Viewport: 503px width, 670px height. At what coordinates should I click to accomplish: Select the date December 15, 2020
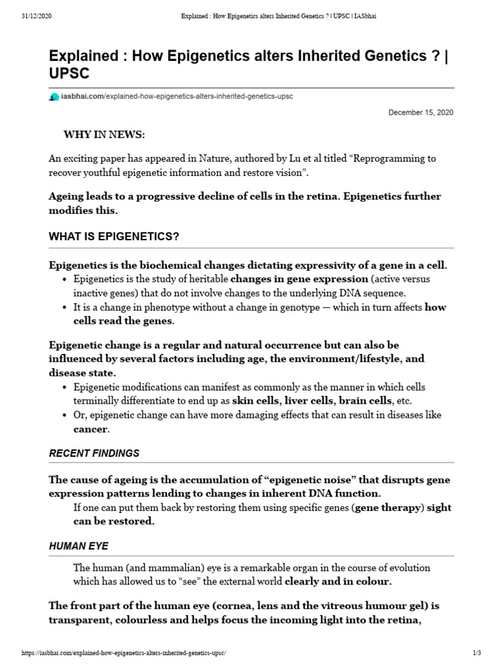click(420, 113)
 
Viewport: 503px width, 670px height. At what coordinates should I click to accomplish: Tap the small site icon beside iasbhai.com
click(54, 97)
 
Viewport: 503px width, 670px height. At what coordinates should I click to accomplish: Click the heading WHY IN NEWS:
click(104, 135)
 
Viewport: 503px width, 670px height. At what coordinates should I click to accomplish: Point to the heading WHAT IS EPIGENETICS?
click(113, 236)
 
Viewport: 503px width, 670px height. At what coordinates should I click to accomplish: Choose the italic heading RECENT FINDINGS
click(94, 453)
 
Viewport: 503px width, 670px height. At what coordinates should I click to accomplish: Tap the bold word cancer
click(90, 429)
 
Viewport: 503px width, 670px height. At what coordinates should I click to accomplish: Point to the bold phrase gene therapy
click(387, 508)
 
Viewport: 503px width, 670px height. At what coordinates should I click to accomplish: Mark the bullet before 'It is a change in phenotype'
click(65, 308)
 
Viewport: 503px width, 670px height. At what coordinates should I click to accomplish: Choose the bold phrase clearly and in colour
click(339, 581)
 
